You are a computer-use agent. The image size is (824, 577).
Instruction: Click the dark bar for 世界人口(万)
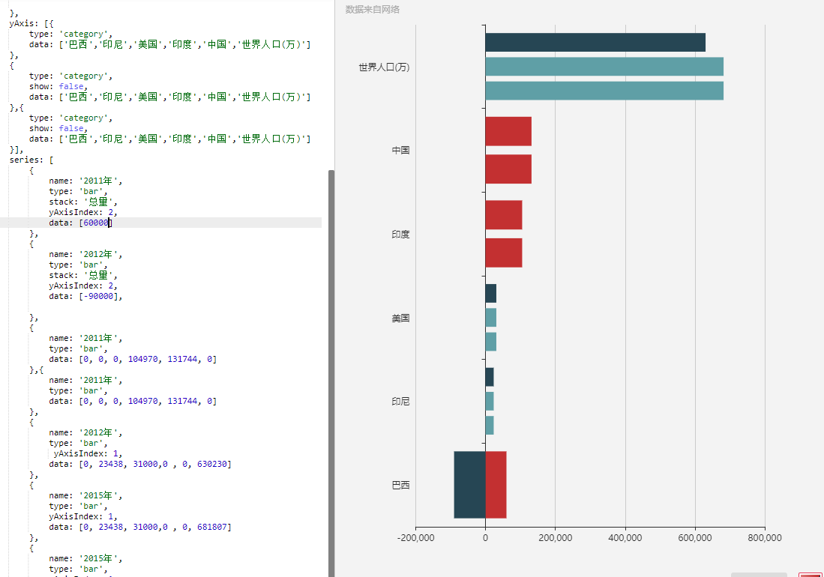click(x=595, y=43)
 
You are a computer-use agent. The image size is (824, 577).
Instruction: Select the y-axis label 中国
click(x=400, y=151)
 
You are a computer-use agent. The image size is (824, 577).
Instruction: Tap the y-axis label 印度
click(x=400, y=235)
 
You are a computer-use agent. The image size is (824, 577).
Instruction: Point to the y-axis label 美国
click(x=400, y=318)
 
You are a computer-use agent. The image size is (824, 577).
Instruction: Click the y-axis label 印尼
click(x=400, y=402)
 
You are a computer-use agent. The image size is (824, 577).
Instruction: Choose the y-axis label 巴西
click(x=400, y=486)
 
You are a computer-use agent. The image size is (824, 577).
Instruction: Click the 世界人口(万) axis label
click(x=383, y=67)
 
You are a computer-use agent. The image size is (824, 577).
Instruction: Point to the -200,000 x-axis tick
click(x=415, y=538)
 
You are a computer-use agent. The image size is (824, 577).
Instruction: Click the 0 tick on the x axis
click(x=485, y=538)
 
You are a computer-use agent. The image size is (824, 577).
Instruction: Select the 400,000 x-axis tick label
click(x=625, y=538)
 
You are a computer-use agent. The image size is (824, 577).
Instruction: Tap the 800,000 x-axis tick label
click(x=764, y=538)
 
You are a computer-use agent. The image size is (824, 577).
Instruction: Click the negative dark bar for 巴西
click(x=469, y=484)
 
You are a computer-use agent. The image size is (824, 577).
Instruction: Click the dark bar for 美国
click(x=490, y=294)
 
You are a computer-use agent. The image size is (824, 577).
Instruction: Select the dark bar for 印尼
click(x=489, y=377)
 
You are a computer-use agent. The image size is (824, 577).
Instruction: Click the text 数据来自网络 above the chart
click(x=372, y=10)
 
